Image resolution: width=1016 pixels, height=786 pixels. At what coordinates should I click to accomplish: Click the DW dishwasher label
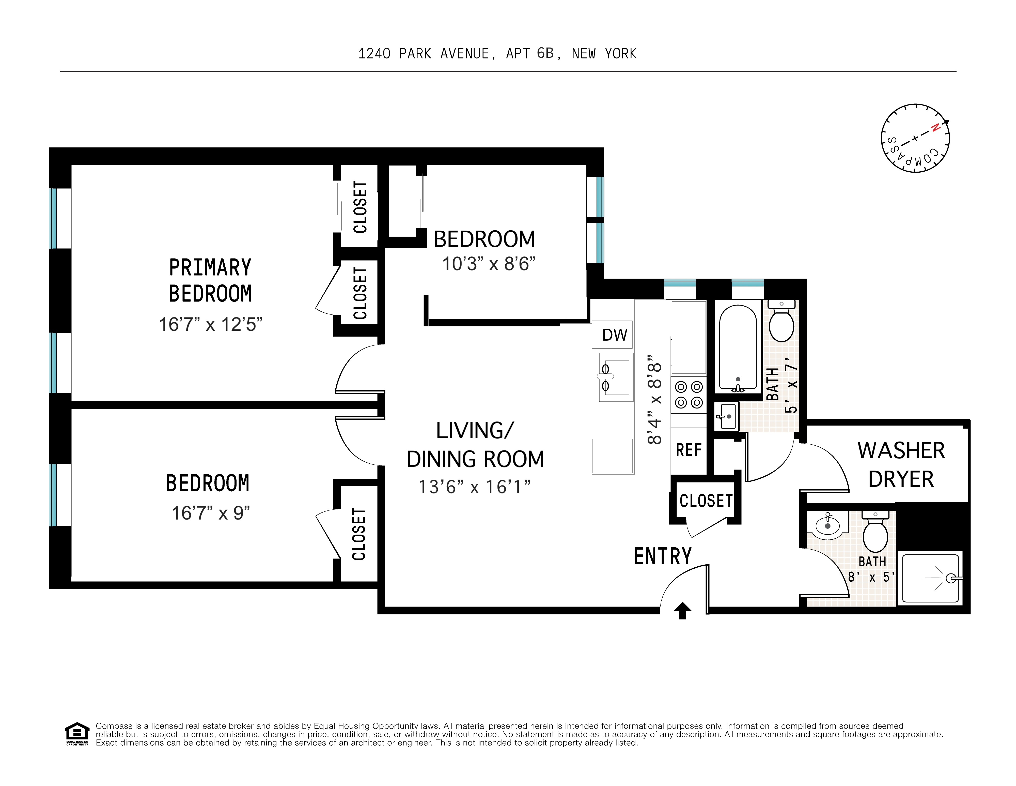(x=614, y=335)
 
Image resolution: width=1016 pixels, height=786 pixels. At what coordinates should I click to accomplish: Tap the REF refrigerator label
(x=689, y=450)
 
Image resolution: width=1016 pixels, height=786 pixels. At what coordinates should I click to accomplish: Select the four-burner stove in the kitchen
(x=689, y=395)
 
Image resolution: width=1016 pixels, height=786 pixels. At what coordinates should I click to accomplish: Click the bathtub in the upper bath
(x=737, y=347)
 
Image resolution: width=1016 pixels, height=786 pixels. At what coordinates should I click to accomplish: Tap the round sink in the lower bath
(x=827, y=526)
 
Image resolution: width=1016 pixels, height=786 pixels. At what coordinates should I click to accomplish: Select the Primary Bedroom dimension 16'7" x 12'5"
(x=210, y=324)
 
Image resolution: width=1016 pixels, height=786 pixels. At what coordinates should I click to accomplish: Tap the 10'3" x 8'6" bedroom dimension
(x=489, y=264)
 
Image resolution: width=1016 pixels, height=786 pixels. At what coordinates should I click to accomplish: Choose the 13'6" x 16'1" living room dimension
(x=475, y=487)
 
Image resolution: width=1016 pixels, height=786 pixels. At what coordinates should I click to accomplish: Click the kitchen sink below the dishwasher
(x=615, y=377)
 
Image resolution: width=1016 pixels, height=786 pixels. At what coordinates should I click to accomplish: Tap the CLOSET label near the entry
(x=706, y=501)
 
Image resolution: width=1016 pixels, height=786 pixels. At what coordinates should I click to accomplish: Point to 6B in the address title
(x=545, y=54)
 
